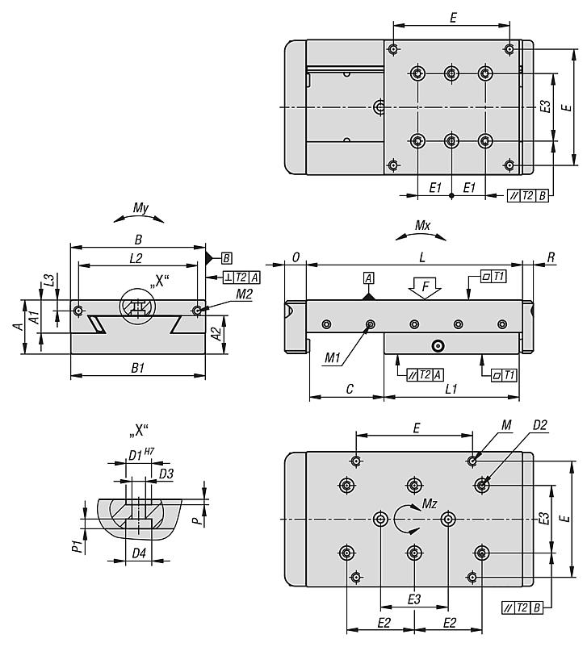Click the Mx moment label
421,226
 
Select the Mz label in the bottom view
430,504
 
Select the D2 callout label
540,425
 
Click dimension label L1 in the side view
451,390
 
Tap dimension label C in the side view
349,390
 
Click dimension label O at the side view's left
296,257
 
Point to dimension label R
551,257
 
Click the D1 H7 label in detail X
140,454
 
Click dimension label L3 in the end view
50,280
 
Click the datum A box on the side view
369,278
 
